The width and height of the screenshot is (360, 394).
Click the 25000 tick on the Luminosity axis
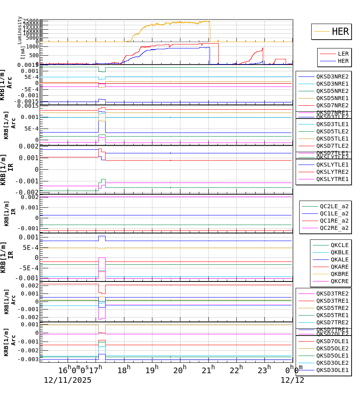coord(31,21)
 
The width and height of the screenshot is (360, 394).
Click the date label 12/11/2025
coord(68,380)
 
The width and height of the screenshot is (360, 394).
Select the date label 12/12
coord(292,380)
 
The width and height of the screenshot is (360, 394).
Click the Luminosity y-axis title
coord(20,30)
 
